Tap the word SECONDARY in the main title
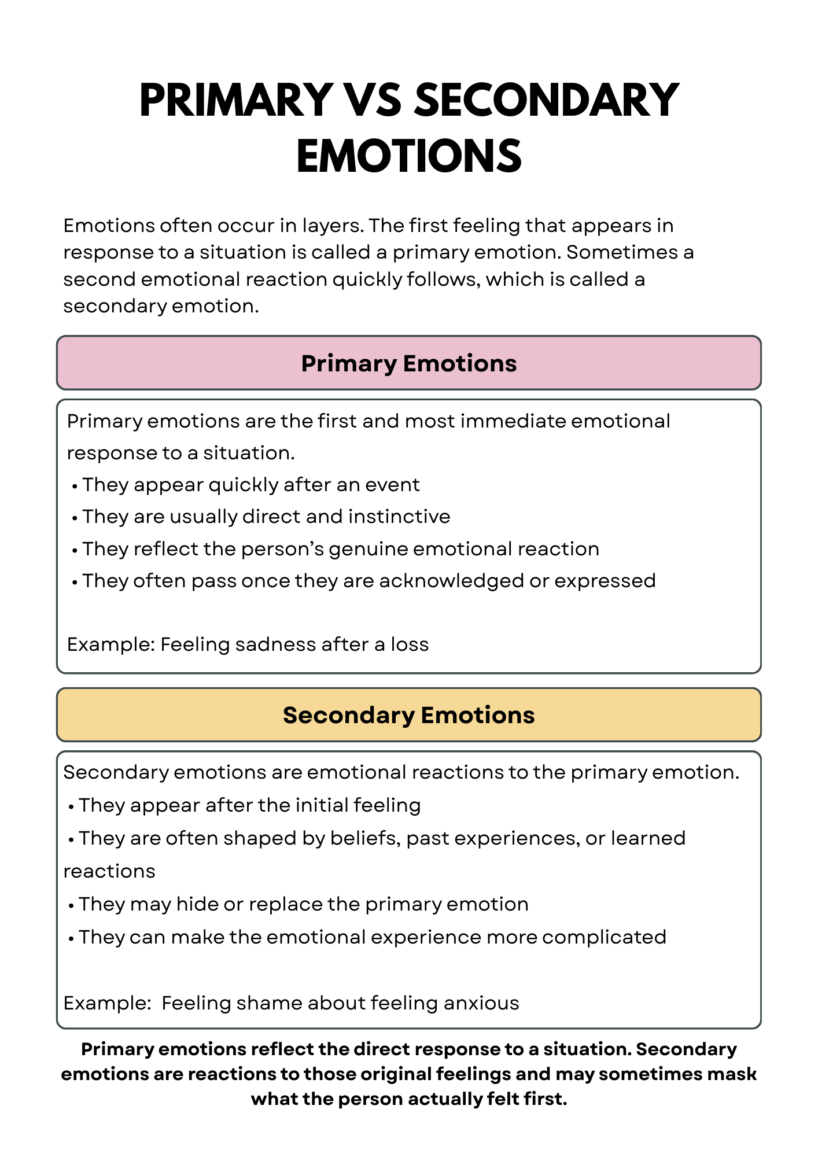click(x=547, y=100)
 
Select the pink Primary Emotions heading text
click(x=408, y=363)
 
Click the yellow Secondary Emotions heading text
click(x=408, y=715)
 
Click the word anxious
click(x=481, y=1003)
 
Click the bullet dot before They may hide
click(x=71, y=905)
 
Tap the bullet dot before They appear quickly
click(x=75, y=486)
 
